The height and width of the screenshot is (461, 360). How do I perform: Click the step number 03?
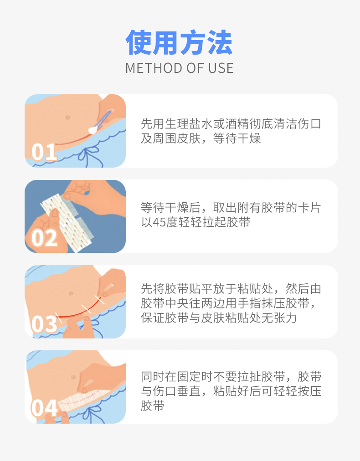[44, 323]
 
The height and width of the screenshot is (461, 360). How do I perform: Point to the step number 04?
[44, 408]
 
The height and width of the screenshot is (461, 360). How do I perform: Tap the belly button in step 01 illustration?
[67, 117]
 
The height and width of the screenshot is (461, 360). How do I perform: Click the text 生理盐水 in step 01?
[182, 123]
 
